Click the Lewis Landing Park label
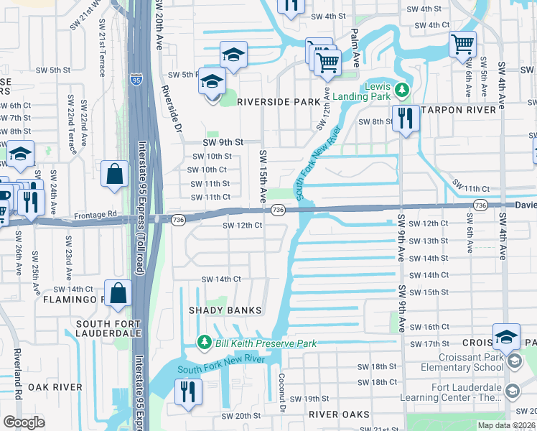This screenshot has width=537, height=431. (377, 91)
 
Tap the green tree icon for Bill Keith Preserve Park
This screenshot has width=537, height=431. (204, 342)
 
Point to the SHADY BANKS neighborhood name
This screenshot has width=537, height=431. (225, 310)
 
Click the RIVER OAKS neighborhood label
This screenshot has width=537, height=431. (339, 414)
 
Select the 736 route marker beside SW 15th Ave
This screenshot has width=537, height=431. (279, 209)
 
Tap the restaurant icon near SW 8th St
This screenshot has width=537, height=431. (406, 118)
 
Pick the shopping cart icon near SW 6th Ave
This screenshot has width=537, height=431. (462, 43)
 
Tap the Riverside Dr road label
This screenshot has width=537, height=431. (170, 108)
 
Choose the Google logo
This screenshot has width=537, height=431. (24, 422)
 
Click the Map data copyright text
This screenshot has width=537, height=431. (505, 425)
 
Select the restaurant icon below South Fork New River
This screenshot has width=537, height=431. (187, 392)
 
